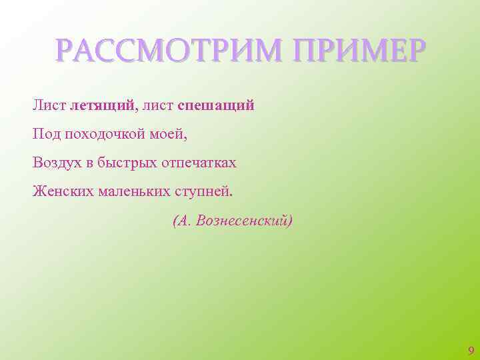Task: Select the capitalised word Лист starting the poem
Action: (49, 105)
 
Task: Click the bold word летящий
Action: (102, 105)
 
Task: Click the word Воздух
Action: (56, 163)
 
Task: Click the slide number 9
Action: (471, 351)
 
